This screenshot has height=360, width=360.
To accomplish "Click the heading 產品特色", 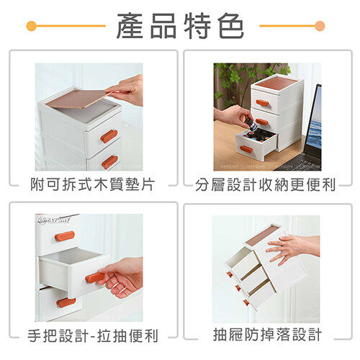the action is (x=180, y=26).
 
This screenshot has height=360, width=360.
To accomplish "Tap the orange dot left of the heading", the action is (x=32, y=26).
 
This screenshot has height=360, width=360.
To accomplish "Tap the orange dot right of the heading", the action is (x=320, y=26).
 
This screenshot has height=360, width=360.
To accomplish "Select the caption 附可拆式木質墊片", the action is (x=92, y=184).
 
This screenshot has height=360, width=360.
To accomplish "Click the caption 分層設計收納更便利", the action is (x=265, y=185).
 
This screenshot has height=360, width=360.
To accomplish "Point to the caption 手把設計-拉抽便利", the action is (x=93, y=336).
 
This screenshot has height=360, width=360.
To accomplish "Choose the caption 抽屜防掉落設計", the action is (x=267, y=335).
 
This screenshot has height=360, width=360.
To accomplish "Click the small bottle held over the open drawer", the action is (x=249, y=124).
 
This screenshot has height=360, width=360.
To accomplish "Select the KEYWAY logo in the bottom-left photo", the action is (x=53, y=220).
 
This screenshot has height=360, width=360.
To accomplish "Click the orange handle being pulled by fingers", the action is (x=94, y=278).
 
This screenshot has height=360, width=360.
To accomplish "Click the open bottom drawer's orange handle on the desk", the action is (x=246, y=149).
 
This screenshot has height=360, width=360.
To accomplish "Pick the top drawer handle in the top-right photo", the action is (x=262, y=103).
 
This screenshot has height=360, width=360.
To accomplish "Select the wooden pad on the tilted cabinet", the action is (x=261, y=236).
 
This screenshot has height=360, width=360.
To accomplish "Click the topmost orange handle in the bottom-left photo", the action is (x=64, y=236).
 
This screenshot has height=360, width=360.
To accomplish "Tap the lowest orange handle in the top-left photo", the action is (x=109, y=162).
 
